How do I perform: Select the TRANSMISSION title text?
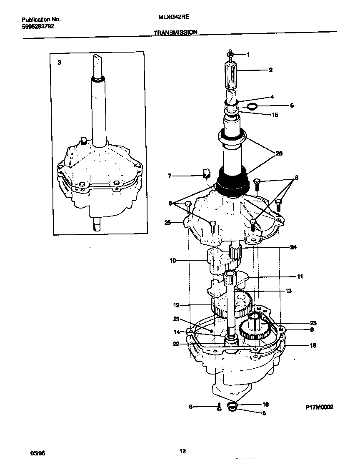175,32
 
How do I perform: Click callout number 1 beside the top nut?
248,54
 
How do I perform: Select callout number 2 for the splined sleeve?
270,70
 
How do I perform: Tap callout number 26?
279,153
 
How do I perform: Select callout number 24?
293,247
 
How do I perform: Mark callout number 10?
172,261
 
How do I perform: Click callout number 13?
288,291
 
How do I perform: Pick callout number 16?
313,345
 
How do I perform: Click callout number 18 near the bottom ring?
265,405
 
